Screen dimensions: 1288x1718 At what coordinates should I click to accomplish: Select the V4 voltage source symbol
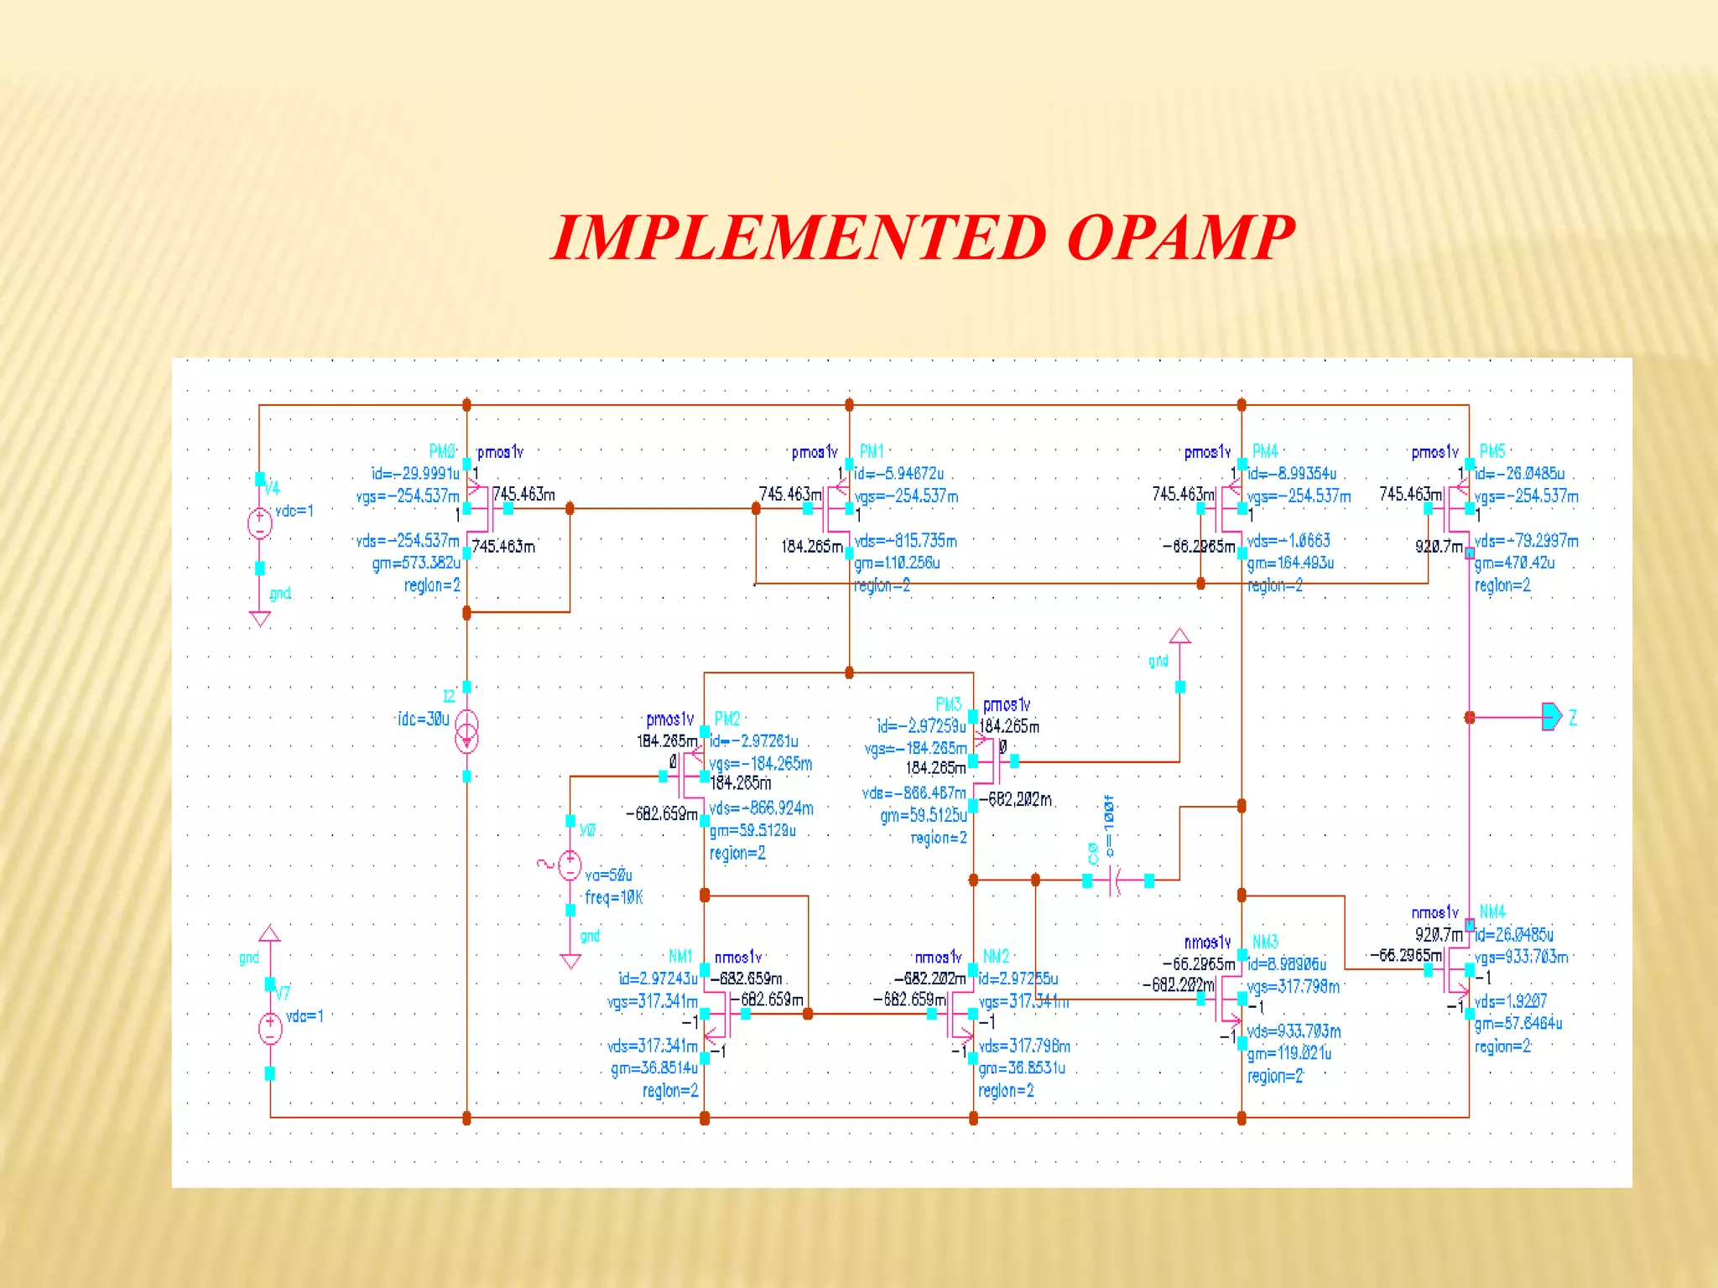tap(260, 523)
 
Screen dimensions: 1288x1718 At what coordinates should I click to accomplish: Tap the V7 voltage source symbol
tap(270, 1028)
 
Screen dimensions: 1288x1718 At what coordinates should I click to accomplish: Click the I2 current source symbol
tap(466, 731)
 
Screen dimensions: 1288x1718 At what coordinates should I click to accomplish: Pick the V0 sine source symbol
tap(570, 865)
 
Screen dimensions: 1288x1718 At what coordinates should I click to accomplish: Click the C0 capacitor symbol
tap(1117, 880)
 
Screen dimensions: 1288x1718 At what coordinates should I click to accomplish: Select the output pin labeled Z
tap(1552, 717)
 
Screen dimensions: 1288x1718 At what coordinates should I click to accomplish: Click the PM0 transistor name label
tap(442, 451)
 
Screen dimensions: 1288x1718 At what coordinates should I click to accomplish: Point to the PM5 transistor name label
tap(1492, 451)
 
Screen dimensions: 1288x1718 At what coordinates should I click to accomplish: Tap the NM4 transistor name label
tap(1492, 911)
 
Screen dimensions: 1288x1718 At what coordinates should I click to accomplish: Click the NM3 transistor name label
tap(1265, 942)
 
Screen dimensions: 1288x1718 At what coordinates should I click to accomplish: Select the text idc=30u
tap(424, 719)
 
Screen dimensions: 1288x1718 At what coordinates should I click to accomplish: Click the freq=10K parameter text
tap(613, 897)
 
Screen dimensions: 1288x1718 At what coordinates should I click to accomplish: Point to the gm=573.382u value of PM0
tap(416, 563)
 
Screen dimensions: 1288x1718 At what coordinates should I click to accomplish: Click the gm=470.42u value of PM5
tap(1514, 563)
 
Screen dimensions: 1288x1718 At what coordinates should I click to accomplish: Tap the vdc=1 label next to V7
tap(305, 1016)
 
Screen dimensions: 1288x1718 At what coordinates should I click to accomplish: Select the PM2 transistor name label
tap(726, 719)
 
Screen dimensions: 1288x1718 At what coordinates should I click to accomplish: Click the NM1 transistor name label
tap(680, 956)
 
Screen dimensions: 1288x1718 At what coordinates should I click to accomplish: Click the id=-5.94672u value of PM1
tap(898, 474)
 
